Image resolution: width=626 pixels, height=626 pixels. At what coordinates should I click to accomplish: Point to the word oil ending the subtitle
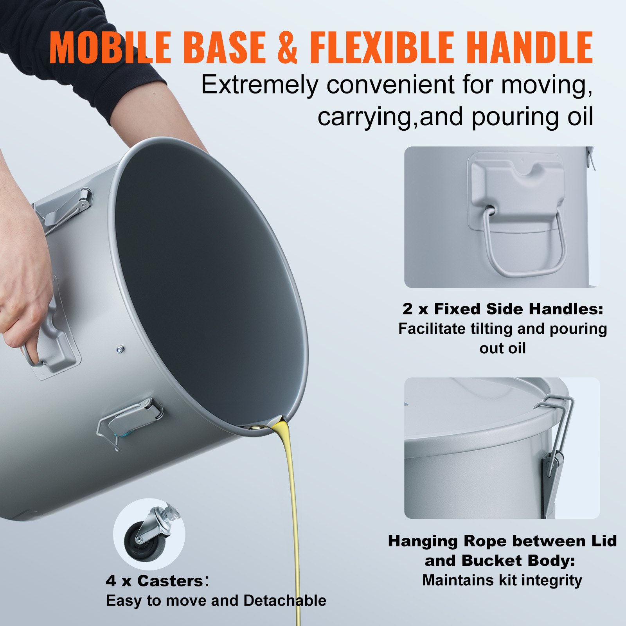(x=577, y=116)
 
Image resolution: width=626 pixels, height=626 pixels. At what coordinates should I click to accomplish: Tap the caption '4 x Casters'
(x=154, y=581)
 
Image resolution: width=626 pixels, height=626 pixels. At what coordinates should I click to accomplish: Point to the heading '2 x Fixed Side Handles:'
(x=503, y=309)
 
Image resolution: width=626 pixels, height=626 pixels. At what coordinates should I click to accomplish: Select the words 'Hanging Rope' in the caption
(x=446, y=541)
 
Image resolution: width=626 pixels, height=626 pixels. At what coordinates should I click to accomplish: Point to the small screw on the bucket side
(x=121, y=349)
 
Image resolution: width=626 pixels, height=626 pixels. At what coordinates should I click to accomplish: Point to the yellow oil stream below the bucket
(x=293, y=509)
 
